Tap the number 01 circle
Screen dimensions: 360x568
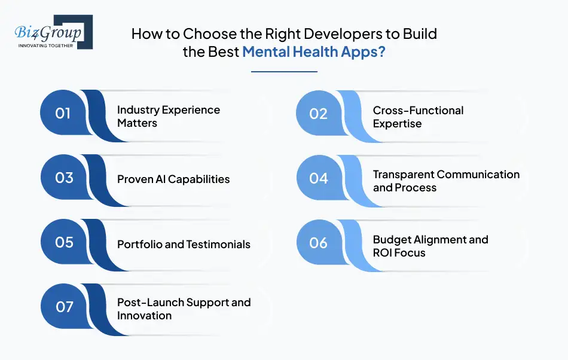click(63, 113)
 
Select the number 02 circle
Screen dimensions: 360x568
click(319, 114)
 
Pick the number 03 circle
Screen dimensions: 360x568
click(63, 178)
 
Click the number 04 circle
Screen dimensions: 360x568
click(319, 178)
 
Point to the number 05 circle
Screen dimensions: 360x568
click(63, 243)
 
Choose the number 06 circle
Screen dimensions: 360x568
click(319, 243)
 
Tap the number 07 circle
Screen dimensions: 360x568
click(63, 307)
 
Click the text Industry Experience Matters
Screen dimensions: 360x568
click(168, 117)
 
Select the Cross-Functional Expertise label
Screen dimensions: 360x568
click(418, 117)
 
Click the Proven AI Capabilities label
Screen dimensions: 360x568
click(173, 179)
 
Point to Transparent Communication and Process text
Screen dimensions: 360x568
click(446, 181)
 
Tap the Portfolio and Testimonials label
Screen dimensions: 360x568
click(184, 244)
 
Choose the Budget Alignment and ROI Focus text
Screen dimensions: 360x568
click(430, 246)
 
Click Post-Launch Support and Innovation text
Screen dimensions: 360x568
click(184, 309)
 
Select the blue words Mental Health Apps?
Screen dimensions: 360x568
click(314, 52)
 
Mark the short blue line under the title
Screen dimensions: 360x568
click(284, 72)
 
